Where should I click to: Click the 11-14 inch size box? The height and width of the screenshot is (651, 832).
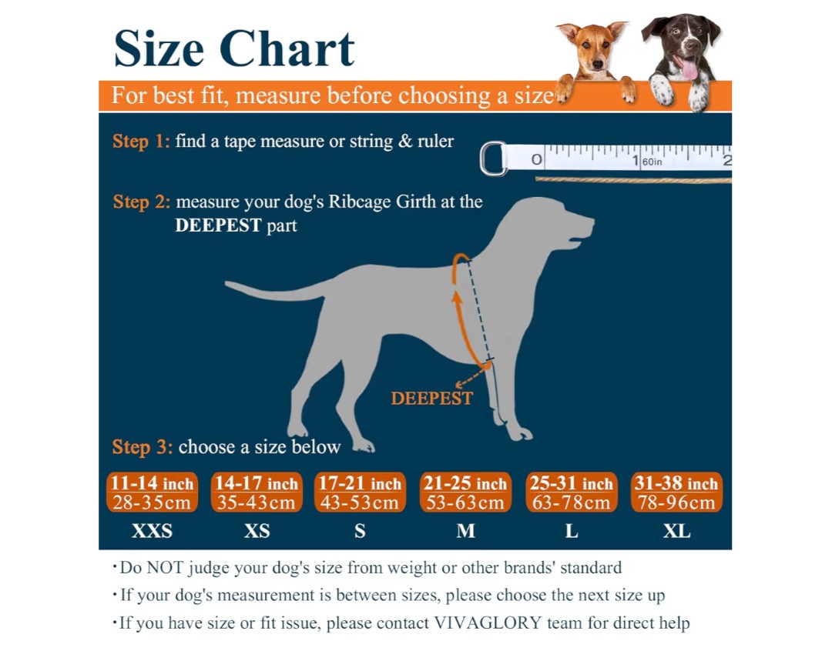pyautogui.click(x=152, y=492)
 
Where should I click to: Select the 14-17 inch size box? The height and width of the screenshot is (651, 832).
pyautogui.click(x=256, y=492)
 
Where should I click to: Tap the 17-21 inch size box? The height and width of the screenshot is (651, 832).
pyautogui.click(x=360, y=492)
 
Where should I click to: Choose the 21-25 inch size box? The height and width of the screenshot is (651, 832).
pyautogui.click(x=465, y=492)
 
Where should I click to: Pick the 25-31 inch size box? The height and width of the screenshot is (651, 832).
pyautogui.click(x=571, y=492)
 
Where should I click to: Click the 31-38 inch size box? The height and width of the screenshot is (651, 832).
pyautogui.click(x=676, y=492)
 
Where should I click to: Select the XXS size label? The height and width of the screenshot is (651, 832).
pyautogui.click(x=152, y=532)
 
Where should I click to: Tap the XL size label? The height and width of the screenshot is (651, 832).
pyautogui.click(x=676, y=532)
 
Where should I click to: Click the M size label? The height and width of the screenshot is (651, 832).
pyautogui.click(x=465, y=532)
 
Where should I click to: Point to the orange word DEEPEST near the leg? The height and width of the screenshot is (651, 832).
pyautogui.click(x=431, y=399)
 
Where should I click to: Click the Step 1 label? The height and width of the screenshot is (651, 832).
pyautogui.click(x=141, y=142)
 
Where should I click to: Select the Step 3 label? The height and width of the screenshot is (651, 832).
pyautogui.click(x=142, y=447)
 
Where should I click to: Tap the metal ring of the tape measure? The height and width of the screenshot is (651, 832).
pyautogui.click(x=492, y=159)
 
